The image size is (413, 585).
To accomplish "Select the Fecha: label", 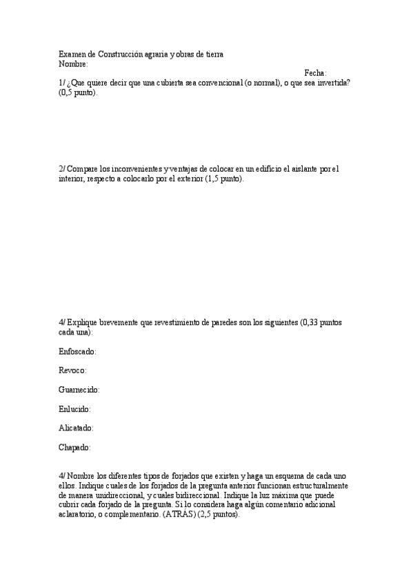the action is point(316,73).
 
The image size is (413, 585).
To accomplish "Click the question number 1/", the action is point(63,83).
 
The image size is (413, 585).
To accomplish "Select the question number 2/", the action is point(63,169).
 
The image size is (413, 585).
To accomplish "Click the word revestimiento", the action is point(185,323).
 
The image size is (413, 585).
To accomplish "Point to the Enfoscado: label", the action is point(78,352).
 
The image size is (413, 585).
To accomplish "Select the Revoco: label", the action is point(73,371).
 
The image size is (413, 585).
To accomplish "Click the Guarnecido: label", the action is point(79,390).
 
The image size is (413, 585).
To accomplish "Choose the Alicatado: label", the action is point(77,428).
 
